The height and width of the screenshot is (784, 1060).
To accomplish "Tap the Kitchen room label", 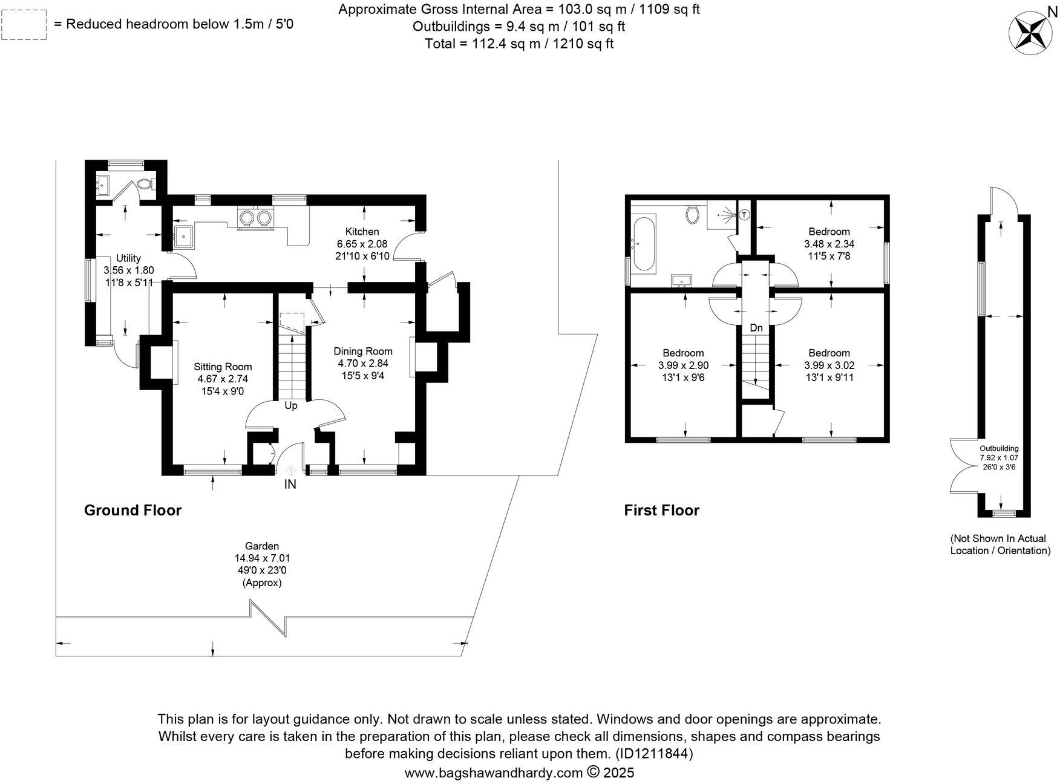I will (362, 232).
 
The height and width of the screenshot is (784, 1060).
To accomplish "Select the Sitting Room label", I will (223, 367).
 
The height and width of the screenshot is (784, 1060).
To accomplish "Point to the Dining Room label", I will (363, 351).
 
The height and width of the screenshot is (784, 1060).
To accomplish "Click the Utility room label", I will (128, 258).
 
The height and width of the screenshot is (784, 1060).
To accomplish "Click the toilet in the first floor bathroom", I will (693, 214).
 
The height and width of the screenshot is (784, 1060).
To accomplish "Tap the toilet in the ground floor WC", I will (143, 183).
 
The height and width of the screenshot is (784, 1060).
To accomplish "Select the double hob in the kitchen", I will (255, 217).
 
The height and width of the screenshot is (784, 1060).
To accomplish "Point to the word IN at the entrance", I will (290, 484).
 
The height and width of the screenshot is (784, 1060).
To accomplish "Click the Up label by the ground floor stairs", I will (291, 405).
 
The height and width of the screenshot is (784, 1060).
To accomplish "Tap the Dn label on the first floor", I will (756, 328).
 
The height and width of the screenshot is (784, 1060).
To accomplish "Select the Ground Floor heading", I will (132, 510).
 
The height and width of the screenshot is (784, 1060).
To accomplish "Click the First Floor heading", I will (661, 511).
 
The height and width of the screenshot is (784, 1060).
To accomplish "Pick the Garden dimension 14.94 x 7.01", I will (262, 558).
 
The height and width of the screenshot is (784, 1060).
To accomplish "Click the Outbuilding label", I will (999, 448).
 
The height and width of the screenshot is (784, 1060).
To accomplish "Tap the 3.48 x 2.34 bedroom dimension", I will (829, 244).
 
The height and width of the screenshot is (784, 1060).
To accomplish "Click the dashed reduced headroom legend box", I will (24, 25).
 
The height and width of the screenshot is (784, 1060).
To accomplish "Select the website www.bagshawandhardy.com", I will (493, 773).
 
